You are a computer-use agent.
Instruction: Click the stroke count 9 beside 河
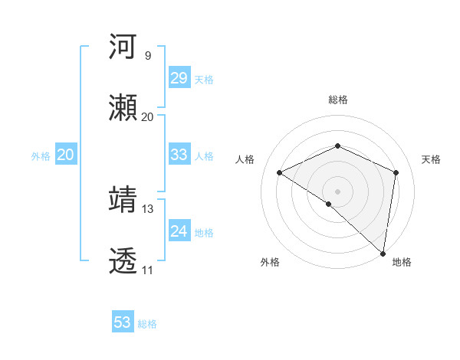click(147, 55)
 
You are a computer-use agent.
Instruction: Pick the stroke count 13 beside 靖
click(148, 208)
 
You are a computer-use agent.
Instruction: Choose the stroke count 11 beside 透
click(147, 270)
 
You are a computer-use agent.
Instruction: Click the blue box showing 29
click(179, 78)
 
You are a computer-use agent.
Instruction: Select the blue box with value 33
click(179, 155)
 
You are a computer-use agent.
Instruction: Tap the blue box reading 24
click(179, 231)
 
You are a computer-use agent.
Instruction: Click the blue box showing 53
click(123, 322)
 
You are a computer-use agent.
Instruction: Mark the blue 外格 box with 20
click(66, 155)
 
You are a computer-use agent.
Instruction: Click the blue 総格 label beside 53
click(148, 324)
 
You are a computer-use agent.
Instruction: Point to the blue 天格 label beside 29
click(204, 80)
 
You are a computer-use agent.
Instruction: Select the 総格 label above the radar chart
click(338, 100)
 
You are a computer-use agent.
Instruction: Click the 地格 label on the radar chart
click(402, 262)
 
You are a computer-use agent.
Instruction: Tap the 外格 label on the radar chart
click(270, 262)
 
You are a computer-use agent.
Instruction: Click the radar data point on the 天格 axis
click(396, 172)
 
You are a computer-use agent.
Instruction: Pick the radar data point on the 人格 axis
click(280, 172)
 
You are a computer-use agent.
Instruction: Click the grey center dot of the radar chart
click(338, 191)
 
